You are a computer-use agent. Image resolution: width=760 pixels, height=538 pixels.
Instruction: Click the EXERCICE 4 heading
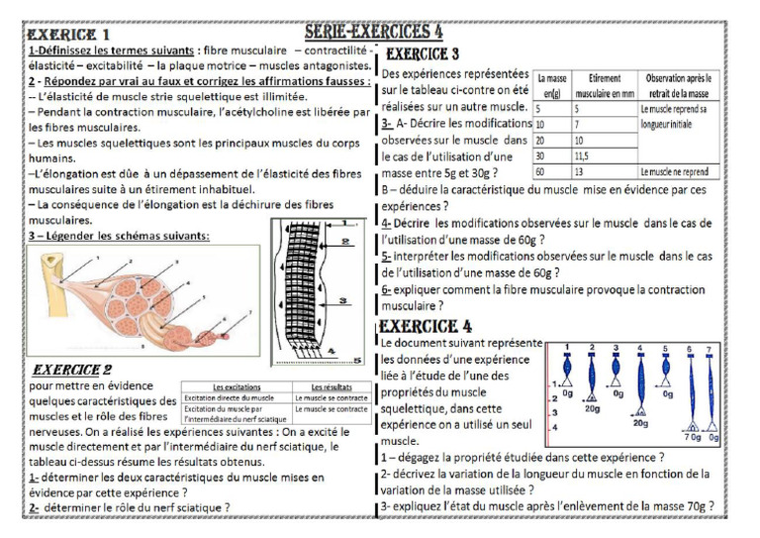tap(426, 327)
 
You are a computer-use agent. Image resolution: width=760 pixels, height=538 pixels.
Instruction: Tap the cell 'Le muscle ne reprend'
tap(676, 171)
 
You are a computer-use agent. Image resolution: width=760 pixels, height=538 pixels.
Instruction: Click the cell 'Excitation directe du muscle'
tap(229, 397)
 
